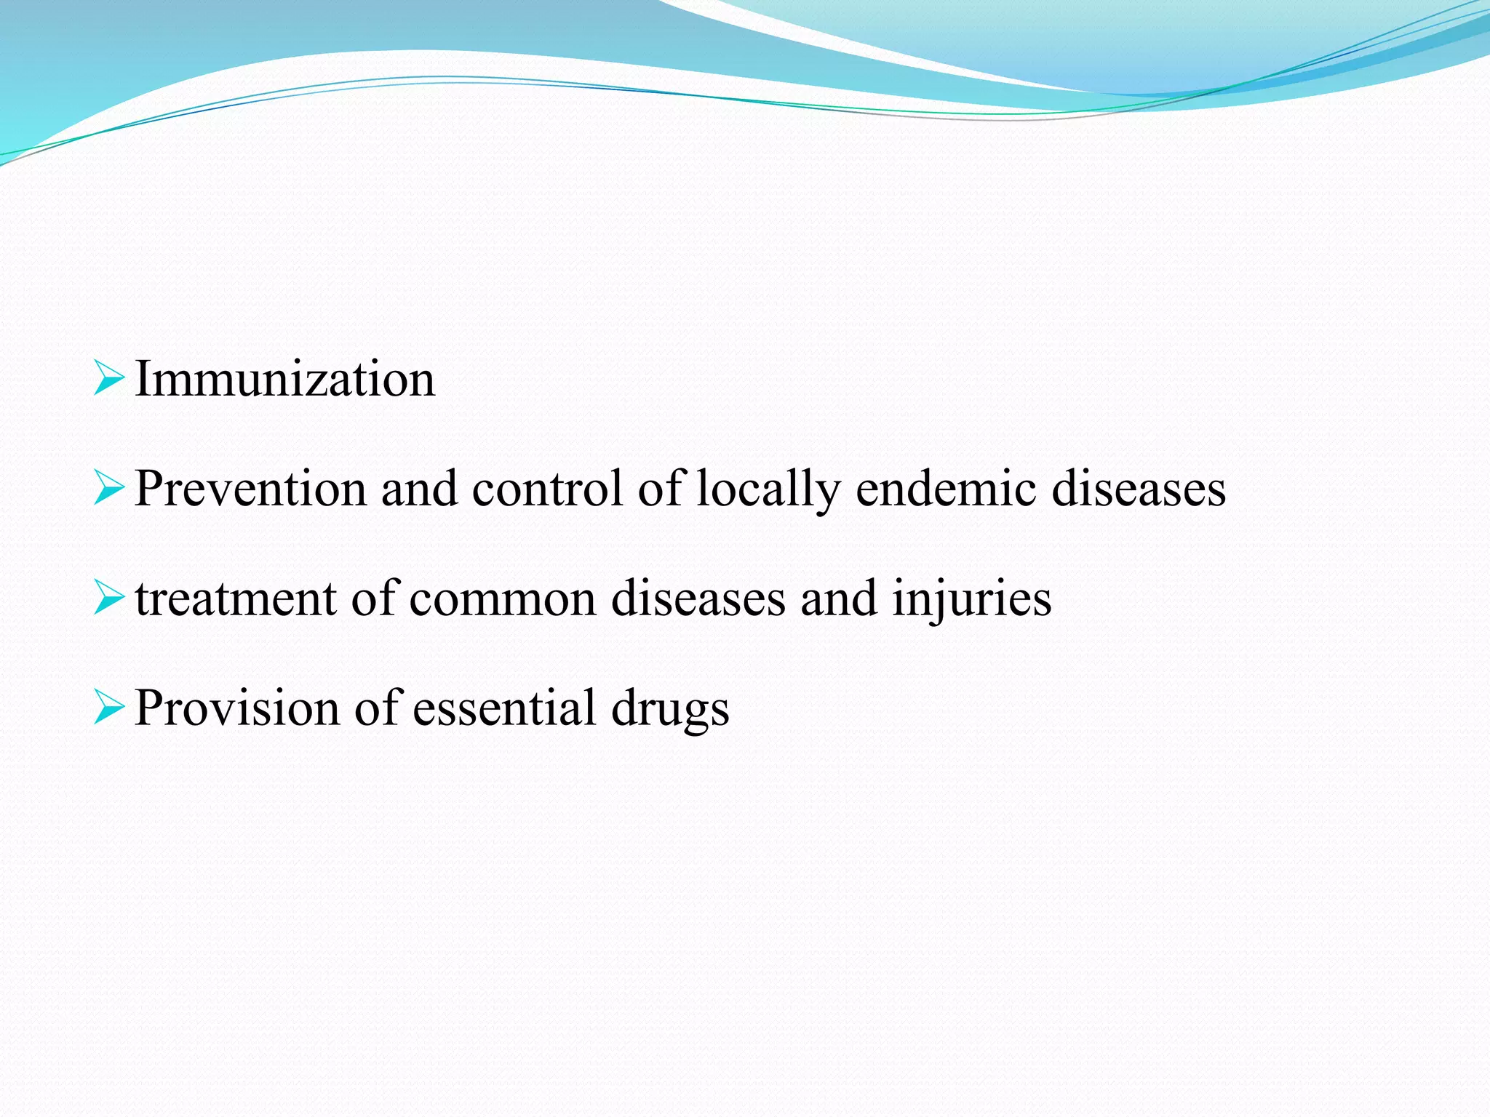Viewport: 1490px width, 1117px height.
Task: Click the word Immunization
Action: (x=284, y=380)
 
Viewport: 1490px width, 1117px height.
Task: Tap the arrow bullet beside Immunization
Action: (x=109, y=379)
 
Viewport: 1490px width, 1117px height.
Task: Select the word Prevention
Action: (x=250, y=489)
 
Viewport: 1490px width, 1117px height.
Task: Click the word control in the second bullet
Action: (x=547, y=489)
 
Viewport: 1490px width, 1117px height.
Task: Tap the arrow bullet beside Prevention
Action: (x=109, y=488)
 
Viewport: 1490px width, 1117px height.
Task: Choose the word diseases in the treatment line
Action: (x=698, y=599)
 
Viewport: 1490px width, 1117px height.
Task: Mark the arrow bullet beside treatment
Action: (x=109, y=598)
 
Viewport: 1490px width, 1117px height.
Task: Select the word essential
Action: (x=504, y=708)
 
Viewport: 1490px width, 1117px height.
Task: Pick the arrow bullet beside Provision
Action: (x=109, y=708)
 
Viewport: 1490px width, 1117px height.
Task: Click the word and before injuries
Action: (x=839, y=599)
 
